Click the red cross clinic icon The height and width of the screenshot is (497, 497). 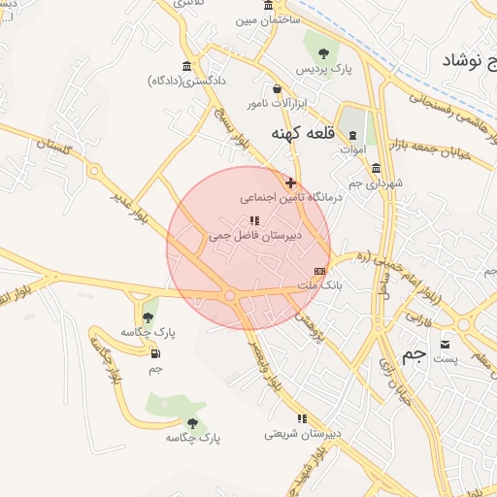tap(289, 182)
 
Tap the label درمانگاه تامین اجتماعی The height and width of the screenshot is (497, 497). tap(292, 196)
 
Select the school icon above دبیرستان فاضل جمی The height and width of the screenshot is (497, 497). tap(254, 220)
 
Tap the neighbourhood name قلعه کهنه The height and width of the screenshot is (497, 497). tap(296, 132)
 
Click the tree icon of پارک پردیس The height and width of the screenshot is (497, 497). tap(323, 53)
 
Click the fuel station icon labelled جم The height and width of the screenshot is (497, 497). tap(155, 354)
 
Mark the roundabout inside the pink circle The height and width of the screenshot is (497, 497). tap(230, 295)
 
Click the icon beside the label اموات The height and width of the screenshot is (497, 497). tap(352, 136)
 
